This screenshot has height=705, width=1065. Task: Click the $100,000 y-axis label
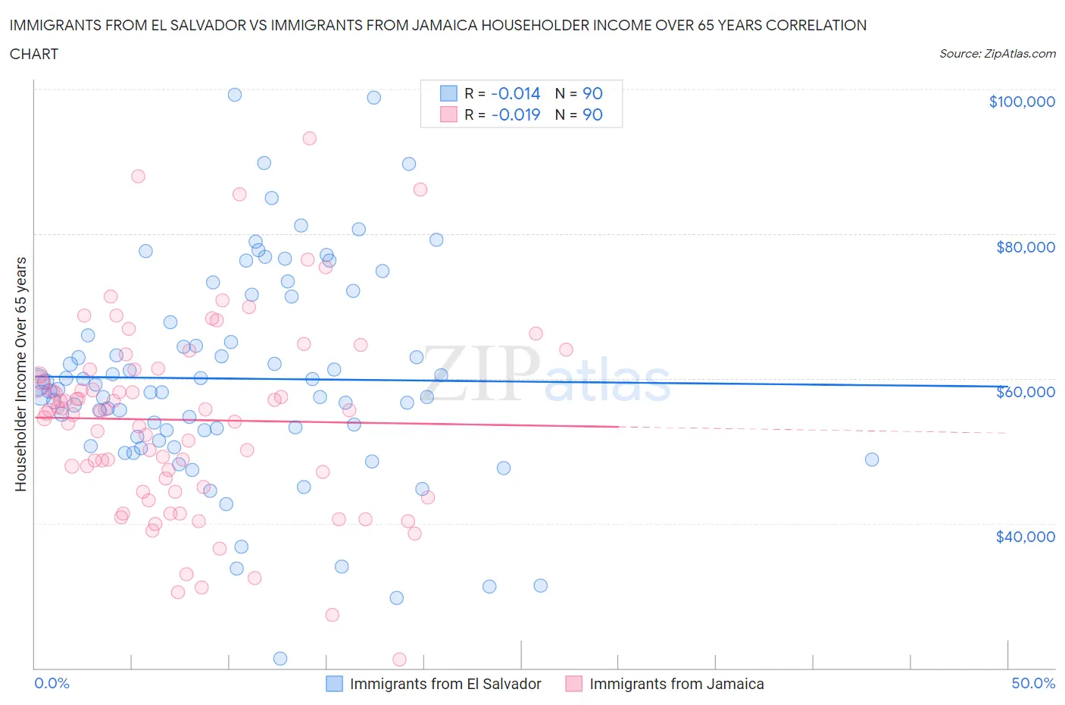(x=1021, y=102)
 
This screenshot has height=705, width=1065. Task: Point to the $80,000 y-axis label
(x=1025, y=246)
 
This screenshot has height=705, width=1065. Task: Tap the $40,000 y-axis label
(x=1025, y=536)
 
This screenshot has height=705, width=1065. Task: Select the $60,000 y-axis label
(x=1025, y=391)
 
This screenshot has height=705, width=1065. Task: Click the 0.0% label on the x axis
(x=52, y=683)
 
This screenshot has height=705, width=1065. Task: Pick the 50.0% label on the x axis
(x=1033, y=683)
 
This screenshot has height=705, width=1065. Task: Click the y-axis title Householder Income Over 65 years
(x=21, y=374)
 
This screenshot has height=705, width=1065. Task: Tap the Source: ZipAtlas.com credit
(x=997, y=54)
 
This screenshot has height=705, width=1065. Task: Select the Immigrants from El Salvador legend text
(x=445, y=684)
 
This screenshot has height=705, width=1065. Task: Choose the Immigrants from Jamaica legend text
(x=676, y=684)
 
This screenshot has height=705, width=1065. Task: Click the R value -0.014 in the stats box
(x=515, y=93)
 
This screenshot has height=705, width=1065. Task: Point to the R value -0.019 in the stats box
(x=515, y=114)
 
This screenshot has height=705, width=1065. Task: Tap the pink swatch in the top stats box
(x=448, y=114)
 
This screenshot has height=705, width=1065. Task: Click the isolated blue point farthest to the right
(x=872, y=459)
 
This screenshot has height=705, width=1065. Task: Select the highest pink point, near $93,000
(x=309, y=138)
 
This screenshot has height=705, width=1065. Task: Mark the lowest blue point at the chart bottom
(x=280, y=658)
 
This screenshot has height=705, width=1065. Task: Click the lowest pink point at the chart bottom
(x=399, y=660)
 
